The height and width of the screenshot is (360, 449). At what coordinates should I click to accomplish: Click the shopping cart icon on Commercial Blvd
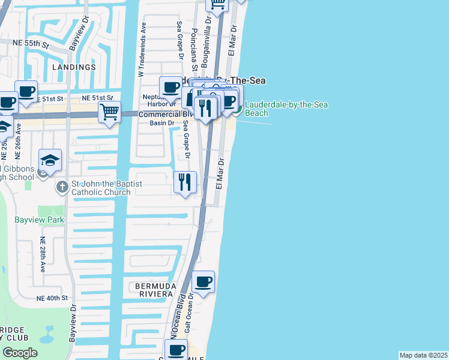point(109,112)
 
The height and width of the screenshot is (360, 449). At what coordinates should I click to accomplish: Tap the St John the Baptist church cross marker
point(62,187)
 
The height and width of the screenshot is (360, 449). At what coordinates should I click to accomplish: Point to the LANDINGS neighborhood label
point(74,67)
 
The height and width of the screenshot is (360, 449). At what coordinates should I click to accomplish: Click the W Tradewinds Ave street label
point(142,50)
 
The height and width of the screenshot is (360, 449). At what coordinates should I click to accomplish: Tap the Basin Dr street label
point(162,123)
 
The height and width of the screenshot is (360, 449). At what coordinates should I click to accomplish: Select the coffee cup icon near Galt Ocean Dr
point(203,281)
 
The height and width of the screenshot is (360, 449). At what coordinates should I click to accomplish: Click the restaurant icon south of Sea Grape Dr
point(185,181)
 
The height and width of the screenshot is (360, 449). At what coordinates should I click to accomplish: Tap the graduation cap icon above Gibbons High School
point(50,160)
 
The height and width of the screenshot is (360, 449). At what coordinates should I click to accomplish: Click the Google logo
point(20,353)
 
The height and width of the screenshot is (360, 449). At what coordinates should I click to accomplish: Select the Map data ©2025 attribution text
point(423,355)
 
